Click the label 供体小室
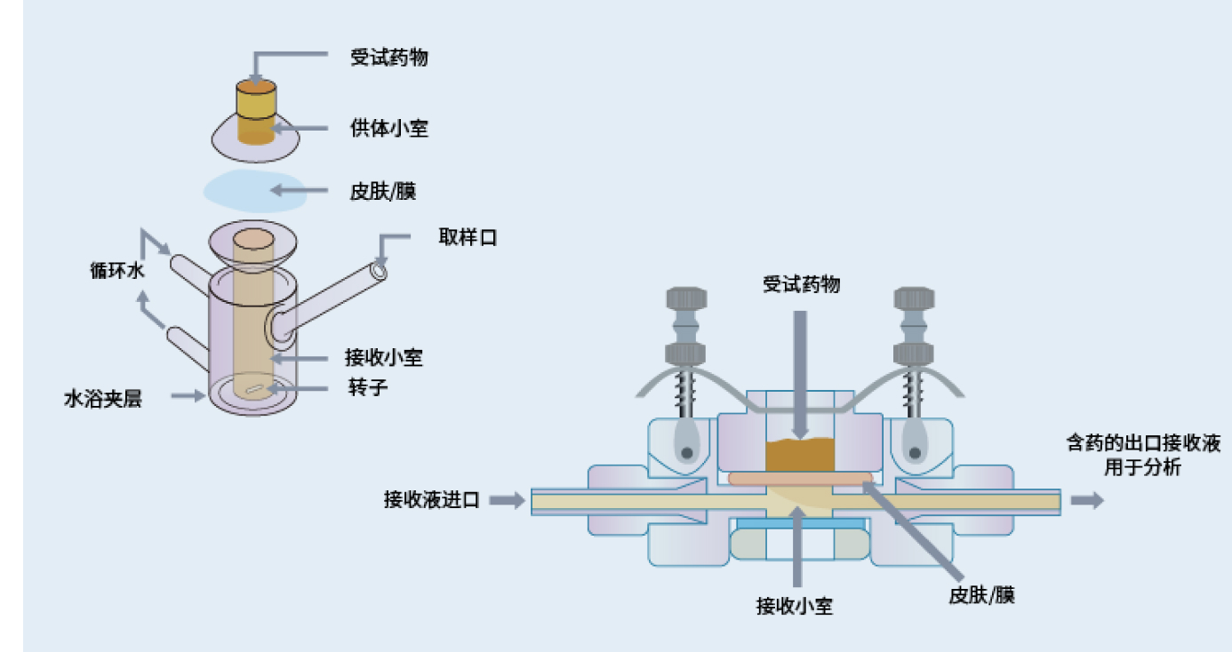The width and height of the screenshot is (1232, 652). pos(388,128)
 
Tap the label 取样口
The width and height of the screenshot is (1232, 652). pos(468,237)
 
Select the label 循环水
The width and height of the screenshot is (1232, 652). pos(117,270)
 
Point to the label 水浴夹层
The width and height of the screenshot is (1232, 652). pos(103,399)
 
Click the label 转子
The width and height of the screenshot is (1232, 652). pos(368,387)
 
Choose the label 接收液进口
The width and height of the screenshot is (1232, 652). pos(432,500)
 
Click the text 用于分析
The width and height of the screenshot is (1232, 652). pos(1143,467)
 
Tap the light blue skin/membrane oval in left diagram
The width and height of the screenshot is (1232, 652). pos(254,191)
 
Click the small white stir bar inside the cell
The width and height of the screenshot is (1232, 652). pos(253,389)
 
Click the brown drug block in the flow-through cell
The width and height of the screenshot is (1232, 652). pos(800,455)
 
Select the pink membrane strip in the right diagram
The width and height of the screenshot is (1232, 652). pos(800,479)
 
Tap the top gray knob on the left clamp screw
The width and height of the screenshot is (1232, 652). pos(686,298)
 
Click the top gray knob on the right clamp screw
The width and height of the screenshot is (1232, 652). pos(914,298)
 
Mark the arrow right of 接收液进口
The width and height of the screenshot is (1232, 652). pos(507,500)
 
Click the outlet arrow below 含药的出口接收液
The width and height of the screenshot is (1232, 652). pos(1087,500)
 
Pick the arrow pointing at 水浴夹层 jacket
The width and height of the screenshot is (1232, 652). pos(188,395)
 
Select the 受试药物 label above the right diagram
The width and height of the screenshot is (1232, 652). pos(802,284)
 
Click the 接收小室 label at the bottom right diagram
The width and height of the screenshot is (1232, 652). pos(795,606)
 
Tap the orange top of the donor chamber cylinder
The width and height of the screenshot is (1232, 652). pos(256,87)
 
